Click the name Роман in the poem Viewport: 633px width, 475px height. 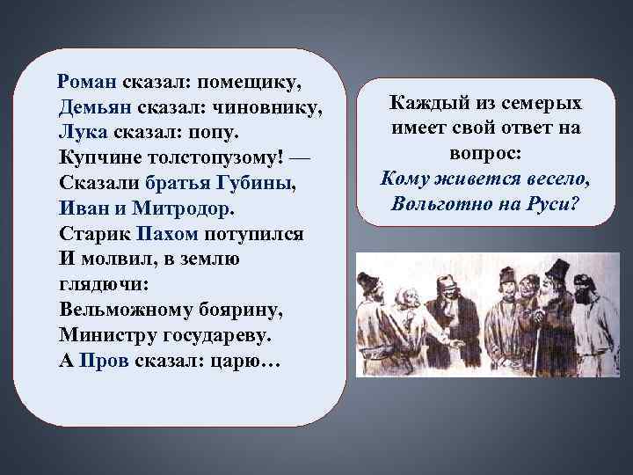[85, 82]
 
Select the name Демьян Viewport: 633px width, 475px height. [91, 107]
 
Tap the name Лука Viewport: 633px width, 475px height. [83, 133]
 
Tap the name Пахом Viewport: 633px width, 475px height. [169, 235]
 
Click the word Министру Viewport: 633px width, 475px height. [100, 336]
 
